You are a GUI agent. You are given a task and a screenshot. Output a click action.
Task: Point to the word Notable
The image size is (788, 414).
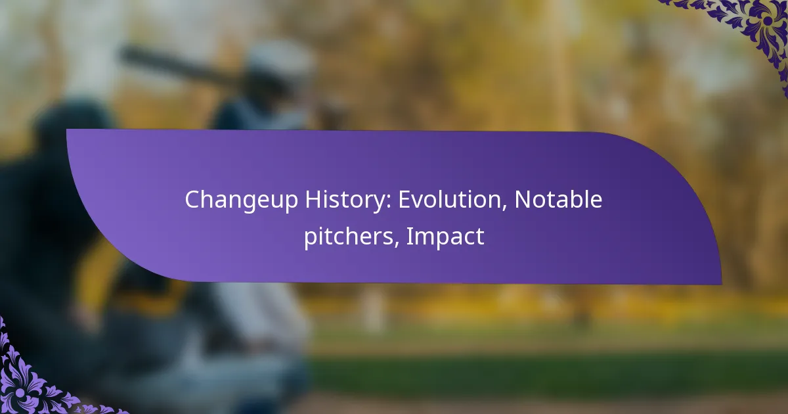[558, 200]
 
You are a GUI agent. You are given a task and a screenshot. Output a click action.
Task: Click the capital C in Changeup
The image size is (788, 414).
[192, 200]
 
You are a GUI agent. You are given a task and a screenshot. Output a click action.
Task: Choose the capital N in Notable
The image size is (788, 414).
[522, 200]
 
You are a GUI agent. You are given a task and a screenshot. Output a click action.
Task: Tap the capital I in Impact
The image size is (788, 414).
[409, 237]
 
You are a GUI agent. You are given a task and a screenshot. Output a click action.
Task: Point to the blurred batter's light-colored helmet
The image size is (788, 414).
[279, 66]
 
